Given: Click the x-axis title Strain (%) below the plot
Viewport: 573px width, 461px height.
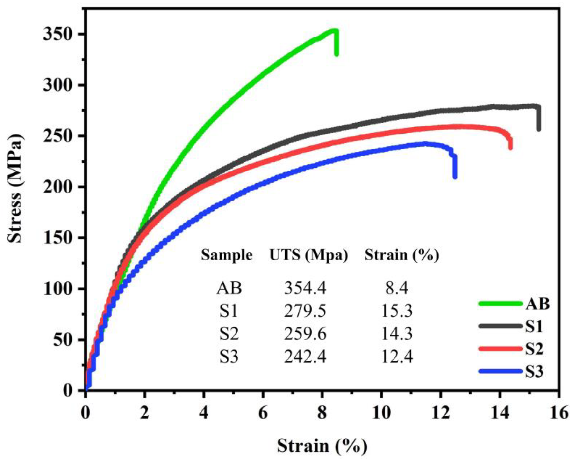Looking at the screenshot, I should point(322,446).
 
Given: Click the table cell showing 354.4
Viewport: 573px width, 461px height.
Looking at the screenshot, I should point(305,289).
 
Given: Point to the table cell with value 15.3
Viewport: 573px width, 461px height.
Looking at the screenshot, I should point(397,311).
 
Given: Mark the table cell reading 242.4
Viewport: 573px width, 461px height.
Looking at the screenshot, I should point(305,357).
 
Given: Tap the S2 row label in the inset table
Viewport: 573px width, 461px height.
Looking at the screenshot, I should point(229,334).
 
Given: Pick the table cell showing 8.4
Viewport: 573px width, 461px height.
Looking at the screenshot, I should point(397,289).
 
